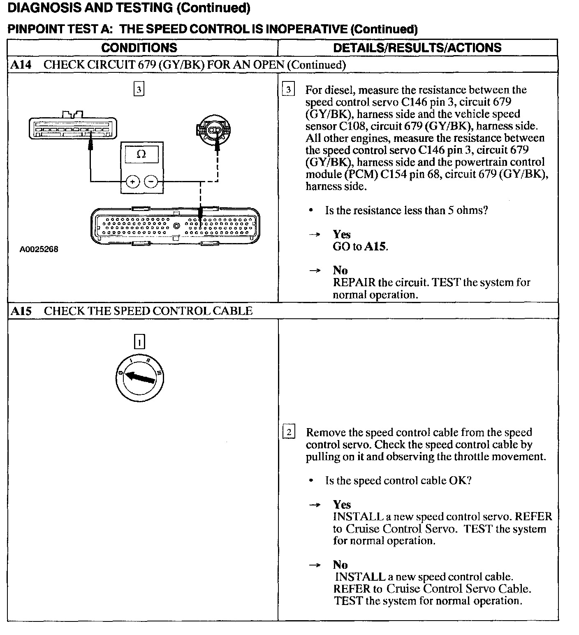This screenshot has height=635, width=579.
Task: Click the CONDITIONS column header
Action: pyautogui.click(x=139, y=48)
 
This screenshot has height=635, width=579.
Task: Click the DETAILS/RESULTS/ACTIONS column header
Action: pyautogui.click(x=417, y=48)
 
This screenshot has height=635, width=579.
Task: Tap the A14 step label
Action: pyautogui.click(x=21, y=65)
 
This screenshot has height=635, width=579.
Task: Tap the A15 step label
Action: pyautogui.click(x=21, y=311)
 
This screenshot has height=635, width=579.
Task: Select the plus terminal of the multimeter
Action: pyautogui.click(x=133, y=181)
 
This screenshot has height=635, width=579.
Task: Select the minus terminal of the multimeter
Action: pyautogui.click(x=151, y=181)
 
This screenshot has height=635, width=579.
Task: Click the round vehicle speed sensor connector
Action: pyautogui.click(x=213, y=130)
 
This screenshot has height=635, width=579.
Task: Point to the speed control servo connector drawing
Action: pyautogui.click(x=72, y=127)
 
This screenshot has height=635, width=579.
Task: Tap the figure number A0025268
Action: pyautogui.click(x=39, y=249)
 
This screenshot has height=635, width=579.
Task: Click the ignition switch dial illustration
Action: pyautogui.click(x=140, y=379)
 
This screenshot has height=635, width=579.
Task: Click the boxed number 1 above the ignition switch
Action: pyautogui.click(x=140, y=342)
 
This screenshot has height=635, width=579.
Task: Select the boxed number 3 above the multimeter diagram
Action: pyautogui.click(x=139, y=89)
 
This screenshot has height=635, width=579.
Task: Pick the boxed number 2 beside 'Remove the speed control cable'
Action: pyautogui.click(x=289, y=432)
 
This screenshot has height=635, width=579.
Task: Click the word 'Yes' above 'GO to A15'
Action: pyautogui.click(x=342, y=234)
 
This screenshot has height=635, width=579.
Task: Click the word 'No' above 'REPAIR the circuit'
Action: pyautogui.click(x=340, y=270)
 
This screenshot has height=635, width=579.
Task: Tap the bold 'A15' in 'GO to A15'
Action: pyautogui.click(x=375, y=247)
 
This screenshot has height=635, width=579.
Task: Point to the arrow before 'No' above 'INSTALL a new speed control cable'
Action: pyautogui.click(x=315, y=565)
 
